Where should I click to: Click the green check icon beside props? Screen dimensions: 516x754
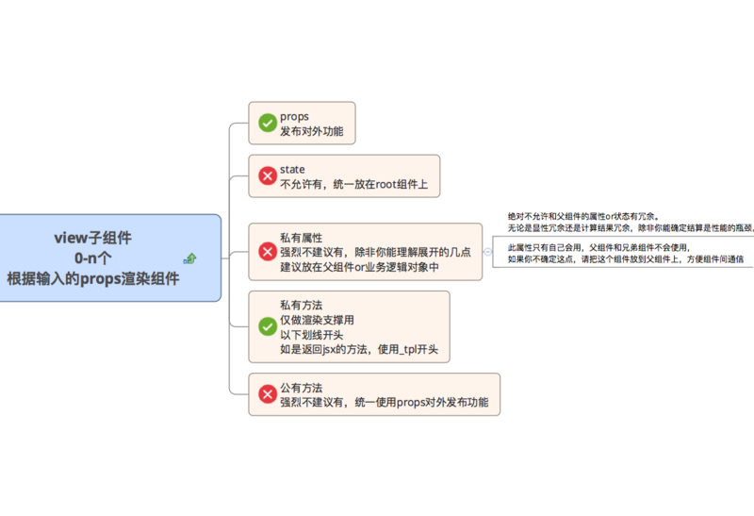click(267, 123)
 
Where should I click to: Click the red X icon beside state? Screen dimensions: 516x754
click(267, 175)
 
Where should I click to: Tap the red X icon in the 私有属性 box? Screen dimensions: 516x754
click(267, 252)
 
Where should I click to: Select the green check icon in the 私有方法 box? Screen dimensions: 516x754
click(267, 327)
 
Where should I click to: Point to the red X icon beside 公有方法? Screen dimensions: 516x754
click(267, 394)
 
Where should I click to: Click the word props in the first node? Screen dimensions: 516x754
click(294, 116)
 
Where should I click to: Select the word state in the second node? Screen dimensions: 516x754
click(292, 169)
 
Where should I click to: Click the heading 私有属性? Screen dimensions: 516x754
click(301, 238)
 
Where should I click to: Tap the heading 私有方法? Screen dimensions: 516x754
click(301, 306)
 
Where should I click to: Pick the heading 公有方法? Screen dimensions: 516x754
click(301, 388)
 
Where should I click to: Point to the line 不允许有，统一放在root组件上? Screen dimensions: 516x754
click(353, 184)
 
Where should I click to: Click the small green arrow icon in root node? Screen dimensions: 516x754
click(189, 258)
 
